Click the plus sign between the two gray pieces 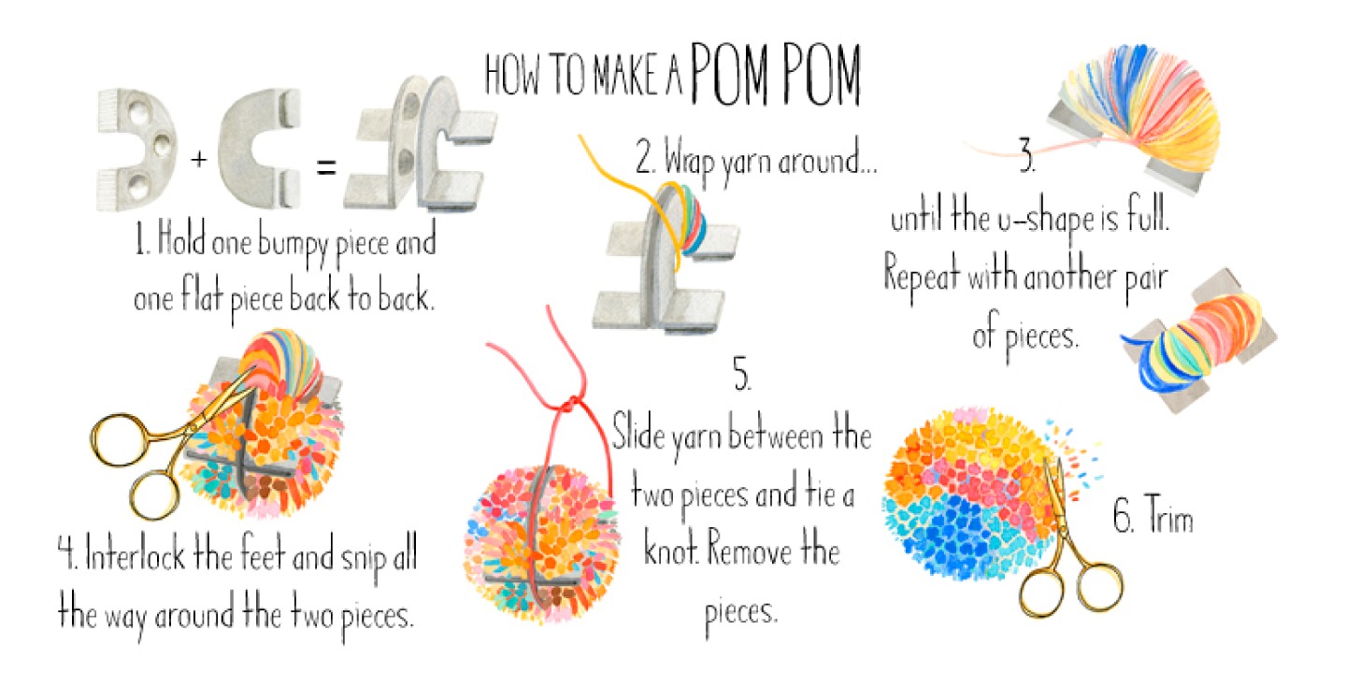pos(198,159)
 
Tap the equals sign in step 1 pos(326,166)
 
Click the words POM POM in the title pos(776,75)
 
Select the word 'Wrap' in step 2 pos(689,160)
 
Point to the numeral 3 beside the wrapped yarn pos(1027,155)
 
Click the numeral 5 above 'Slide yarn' pos(742,374)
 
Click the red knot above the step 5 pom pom pos(569,403)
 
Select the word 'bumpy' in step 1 pos(294,244)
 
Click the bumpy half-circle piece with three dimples pos(137,150)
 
